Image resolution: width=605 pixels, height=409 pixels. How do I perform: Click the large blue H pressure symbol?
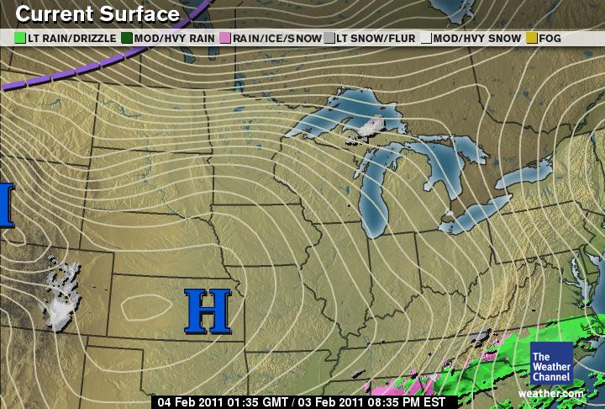tap(207, 311)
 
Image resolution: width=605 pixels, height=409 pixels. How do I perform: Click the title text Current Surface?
tap(97, 14)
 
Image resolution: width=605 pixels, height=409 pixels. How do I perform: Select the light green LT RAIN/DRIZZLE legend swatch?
tap(21, 38)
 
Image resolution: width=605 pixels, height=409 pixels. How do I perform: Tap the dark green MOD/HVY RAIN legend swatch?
tap(127, 38)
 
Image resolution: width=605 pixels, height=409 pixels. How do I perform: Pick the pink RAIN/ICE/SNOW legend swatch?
tap(224, 38)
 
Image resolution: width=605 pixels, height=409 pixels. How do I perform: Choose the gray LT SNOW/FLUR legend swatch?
tap(329, 38)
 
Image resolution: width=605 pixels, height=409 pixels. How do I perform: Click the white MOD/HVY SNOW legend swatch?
tap(426, 38)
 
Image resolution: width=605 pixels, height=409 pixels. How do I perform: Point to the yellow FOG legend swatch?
tap(531, 38)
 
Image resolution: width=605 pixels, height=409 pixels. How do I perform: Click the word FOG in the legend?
tap(550, 38)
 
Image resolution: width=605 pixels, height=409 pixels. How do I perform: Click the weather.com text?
tap(550, 393)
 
